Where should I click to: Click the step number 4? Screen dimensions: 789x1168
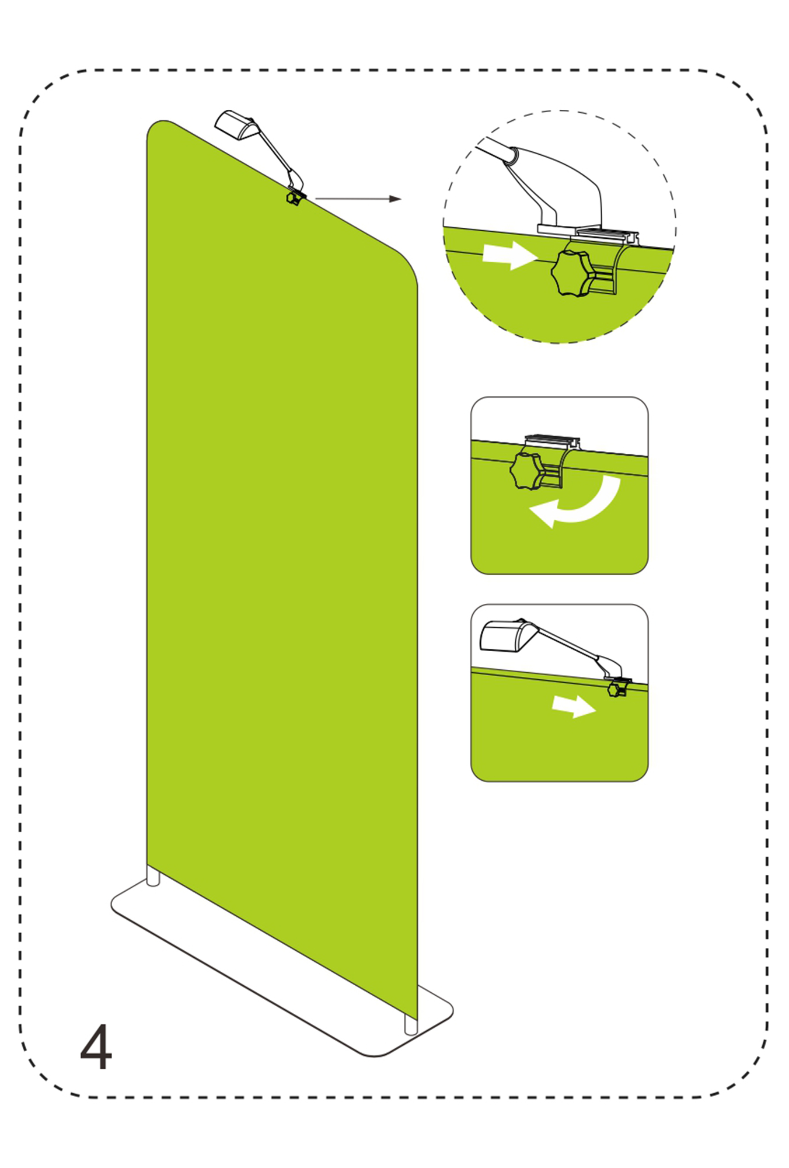point(96,1047)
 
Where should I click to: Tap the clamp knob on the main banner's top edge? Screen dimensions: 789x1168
point(293,199)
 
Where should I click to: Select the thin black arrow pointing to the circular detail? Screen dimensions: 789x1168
point(358,199)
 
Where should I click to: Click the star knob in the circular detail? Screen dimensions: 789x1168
point(572,273)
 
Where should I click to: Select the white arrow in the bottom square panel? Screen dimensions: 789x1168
point(574,705)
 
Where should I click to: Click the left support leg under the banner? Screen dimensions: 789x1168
point(153,876)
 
